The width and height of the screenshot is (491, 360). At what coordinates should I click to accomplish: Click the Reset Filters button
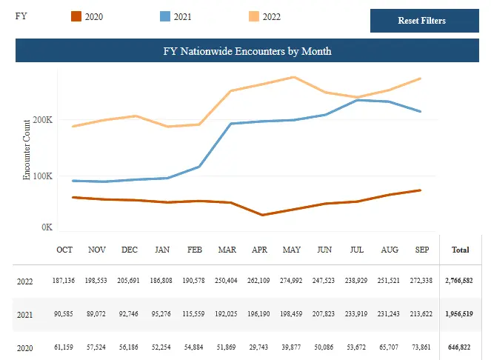point(421,21)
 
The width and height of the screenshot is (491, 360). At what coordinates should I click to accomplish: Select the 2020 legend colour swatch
point(76,16)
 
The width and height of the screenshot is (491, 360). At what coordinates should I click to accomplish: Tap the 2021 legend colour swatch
point(165,16)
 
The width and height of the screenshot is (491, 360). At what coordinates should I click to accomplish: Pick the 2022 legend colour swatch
point(253,16)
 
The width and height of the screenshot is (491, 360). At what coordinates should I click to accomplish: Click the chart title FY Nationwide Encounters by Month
point(247,51)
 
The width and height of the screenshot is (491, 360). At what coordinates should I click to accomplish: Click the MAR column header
point(227,250)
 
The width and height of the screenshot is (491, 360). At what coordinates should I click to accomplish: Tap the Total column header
point(460,250)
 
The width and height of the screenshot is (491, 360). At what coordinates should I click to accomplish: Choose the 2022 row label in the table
point(25,282)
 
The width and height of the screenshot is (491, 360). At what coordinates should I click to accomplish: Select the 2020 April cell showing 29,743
point(259,347)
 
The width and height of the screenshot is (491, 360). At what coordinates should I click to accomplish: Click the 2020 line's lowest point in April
point(262,215)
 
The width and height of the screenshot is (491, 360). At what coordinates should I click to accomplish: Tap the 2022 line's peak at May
point(294,77)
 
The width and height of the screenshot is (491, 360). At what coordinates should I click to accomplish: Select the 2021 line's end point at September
point(421,112)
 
